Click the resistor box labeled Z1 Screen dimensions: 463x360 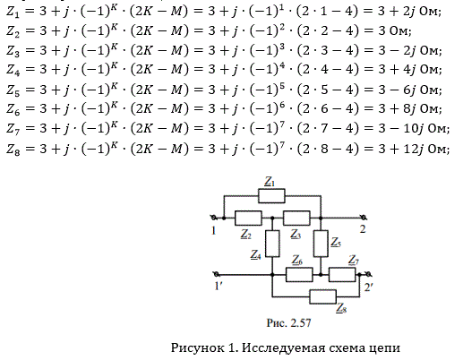click(271, 196)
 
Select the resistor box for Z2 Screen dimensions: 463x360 click(248, 218)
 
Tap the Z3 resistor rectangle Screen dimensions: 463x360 click(296, 218)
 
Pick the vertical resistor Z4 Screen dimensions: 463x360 click(272, 244)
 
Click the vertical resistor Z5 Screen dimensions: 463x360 click(321, 244)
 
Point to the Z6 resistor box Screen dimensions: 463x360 click(299, 275)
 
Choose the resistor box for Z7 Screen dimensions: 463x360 click(342, 275)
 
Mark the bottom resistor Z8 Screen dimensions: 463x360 click(322, 296)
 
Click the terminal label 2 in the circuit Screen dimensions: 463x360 click(363, 229)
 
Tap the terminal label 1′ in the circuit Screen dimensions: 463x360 click(218, 286)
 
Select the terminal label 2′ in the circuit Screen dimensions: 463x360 click(368, 287)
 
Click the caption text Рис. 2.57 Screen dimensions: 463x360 click(288, 322)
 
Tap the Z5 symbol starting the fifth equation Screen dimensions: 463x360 click(13, 90)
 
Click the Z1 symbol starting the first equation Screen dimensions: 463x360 click(13, 13)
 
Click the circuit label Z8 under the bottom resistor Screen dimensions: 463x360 click(341, 308)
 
